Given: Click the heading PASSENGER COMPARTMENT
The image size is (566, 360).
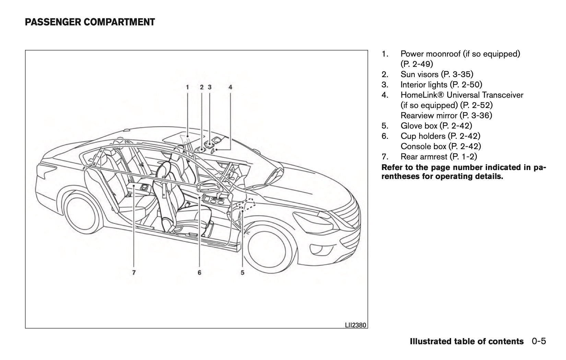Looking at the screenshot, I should point(90,22).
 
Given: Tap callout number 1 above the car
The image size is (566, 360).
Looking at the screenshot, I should point(187,87).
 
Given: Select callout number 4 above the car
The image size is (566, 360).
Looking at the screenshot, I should point(230,87).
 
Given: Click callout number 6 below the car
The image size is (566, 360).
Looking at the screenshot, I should point(199,273).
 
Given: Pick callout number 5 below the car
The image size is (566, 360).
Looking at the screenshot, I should point(243,273).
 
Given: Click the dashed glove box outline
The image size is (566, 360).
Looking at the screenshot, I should point(247,204).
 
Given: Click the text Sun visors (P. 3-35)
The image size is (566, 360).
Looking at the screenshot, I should point(437,74).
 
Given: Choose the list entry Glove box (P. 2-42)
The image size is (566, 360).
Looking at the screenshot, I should point(436,126).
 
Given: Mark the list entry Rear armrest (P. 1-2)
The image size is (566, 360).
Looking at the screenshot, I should point(438,157).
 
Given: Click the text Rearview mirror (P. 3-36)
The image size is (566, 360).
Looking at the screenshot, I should point(446,116).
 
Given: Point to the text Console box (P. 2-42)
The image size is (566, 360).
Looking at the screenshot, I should point(440,146).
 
